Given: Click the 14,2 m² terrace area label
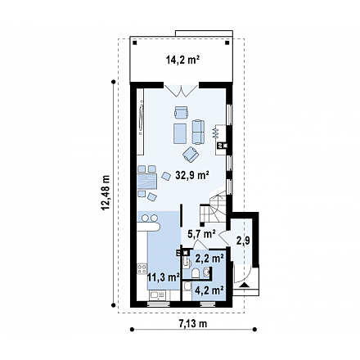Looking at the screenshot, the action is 182,60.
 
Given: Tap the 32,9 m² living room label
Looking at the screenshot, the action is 192,175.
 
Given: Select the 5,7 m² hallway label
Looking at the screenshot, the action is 202,233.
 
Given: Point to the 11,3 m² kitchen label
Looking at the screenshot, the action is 163,277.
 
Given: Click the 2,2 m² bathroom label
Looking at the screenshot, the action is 209,258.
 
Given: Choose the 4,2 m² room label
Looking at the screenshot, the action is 209,290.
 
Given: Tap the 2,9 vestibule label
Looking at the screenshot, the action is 243,241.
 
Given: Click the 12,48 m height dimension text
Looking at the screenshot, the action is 106,193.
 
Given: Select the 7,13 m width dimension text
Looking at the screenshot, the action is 193,324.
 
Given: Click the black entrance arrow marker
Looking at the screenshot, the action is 245,286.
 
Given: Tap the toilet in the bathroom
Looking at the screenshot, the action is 195,273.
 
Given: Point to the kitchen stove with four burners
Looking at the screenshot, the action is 142,268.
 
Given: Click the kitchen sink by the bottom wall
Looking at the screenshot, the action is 156,295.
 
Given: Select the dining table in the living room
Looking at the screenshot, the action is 147,182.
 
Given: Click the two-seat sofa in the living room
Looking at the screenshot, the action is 198,132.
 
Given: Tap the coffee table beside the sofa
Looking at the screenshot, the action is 180,133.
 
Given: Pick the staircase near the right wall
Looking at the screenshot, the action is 214,207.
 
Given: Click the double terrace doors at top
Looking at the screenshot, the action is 181,91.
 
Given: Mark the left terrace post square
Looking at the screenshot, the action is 134,43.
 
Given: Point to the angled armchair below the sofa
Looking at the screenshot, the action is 191,154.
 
